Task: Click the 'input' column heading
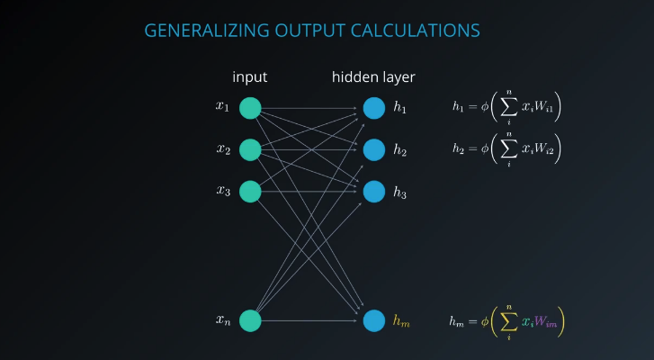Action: tap(250, 77)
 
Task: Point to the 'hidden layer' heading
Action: tap(373, 77)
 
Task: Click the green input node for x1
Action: tap(250, 108)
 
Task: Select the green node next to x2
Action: tap(250, 149)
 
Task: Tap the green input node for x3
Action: tap(250, 191)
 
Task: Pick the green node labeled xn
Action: tap(250, 320)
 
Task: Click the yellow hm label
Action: tap(401, 320)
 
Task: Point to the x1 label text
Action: tap(222, 107)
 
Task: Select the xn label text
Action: tap(222, 319)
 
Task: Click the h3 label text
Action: tap(400, 192)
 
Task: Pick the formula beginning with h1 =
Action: tap(506, 107)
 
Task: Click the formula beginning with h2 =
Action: tap(506, 148)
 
